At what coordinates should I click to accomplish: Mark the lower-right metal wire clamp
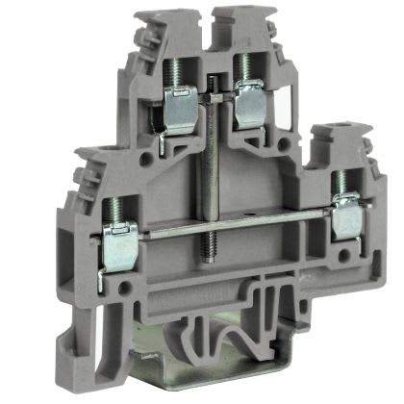click(348, 216)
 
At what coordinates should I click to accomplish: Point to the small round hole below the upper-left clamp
click(148, 155)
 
